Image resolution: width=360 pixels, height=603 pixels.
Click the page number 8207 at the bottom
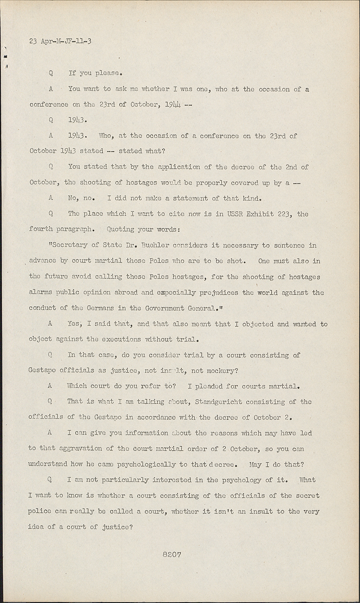pos(172,554)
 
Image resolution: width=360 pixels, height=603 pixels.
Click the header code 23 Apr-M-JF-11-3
pos(60,41)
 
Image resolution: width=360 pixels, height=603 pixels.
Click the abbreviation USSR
pos(237,214)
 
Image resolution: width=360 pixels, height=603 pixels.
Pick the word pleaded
pos(209,386)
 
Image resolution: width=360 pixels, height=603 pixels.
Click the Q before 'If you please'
pos(51,73)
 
